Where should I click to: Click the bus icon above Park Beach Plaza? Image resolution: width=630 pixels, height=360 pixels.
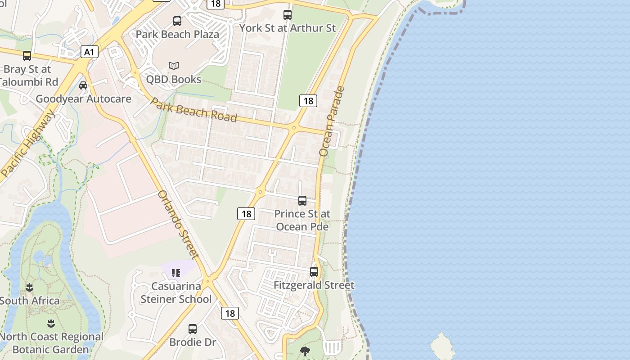[x=177, y=21]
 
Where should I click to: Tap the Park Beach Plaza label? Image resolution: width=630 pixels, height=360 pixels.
[x=177, y=34]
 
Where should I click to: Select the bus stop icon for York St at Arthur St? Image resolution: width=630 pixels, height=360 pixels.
[x=288, y=14]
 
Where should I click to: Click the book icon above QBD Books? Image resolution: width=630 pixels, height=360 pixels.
[x=174, y=66]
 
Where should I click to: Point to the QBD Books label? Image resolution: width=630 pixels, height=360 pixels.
[x=174, y=79]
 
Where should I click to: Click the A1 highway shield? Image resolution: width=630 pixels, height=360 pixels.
[x=90, y=52]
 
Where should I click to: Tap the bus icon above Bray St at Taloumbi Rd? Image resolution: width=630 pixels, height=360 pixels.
[x=27, y=56]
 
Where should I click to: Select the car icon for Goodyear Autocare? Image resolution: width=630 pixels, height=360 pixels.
[x=83, y=85]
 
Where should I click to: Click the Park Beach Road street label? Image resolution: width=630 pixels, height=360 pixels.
[x=193, y=109]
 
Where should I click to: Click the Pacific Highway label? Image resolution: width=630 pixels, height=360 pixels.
[x=28, y=143]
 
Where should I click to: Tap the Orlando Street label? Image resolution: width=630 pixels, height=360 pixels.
[x=179, y=225]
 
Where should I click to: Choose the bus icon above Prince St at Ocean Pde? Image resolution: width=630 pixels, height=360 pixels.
[x=302, y=201]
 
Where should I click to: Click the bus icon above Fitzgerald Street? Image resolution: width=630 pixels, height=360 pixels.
[x=314, y=272]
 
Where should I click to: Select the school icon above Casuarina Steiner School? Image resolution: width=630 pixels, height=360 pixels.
[x=176, y=273]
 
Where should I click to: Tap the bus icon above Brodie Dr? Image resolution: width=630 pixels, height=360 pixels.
[x=193, y=329]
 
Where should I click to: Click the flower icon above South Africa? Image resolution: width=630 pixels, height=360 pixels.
[x=30, y=287]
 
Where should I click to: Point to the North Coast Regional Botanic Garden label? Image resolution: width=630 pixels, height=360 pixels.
[x=51, y=343]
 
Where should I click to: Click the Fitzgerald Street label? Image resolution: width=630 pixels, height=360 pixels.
[x=314, y=285]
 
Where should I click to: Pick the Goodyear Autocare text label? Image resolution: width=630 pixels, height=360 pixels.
[x=83, y=99]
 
